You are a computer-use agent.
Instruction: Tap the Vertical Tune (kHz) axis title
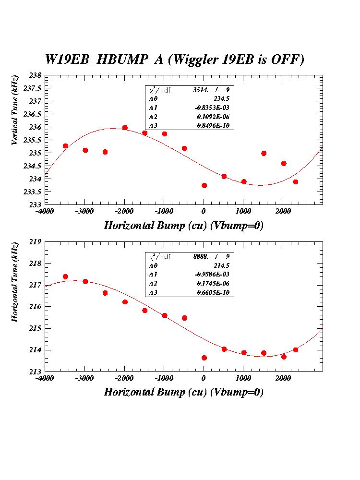pos(15,110)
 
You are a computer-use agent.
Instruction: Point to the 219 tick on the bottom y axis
pos(36,241)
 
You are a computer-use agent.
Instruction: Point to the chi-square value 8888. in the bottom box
pos(201,256)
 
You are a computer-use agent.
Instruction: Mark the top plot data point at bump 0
pos(204,185)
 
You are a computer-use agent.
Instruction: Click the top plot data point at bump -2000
pos(125,128)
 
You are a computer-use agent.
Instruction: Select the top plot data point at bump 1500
pos(264,153)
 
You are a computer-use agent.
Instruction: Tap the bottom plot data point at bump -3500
pos(65,276)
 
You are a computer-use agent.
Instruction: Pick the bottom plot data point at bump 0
pos(204,358)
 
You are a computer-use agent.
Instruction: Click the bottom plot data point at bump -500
pos(184,318)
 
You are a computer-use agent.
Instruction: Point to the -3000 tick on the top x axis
pos(85,211)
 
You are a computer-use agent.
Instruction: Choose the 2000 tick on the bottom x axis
pos(283,377)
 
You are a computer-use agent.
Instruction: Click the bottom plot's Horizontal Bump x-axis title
pos(183,392)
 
